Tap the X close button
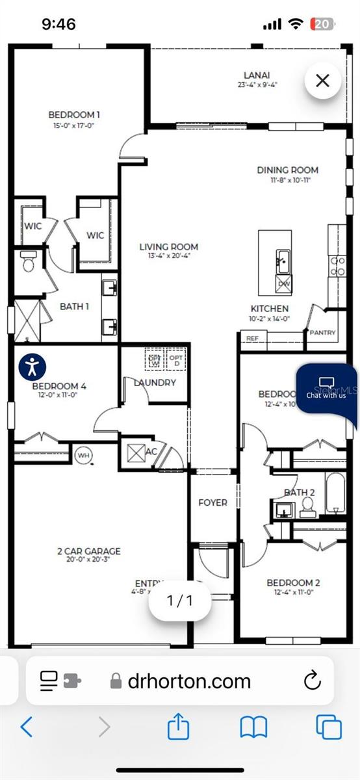(x=323, y=81)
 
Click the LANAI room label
(x=257, y=75)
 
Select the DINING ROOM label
(x=287, y=170)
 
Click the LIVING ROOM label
(x=168, y=247)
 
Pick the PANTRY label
(x=322, y=333)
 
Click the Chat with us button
(x=326, y=388)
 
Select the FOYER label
(x=212, y=502)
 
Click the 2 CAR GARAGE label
(x=88, y=551)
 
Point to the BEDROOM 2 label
(x=293, y=583)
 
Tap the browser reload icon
(x=313, y=681)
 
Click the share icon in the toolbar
(x=179, y=726)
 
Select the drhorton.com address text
(x=189, y=681)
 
